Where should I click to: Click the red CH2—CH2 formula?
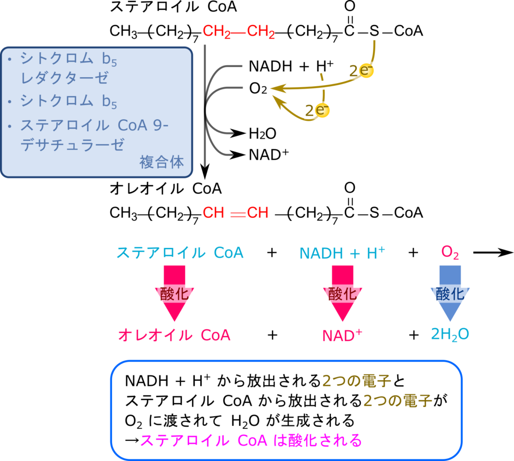click(238, 32)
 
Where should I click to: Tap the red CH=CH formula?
click(235, 213)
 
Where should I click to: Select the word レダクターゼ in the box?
click(64, 78)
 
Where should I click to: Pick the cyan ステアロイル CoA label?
click(180, 253)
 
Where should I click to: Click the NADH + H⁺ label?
click(342, 253)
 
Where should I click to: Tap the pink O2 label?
click(450, 253)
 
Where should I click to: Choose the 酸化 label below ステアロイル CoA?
click(175, 294)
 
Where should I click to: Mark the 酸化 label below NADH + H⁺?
click(343, 294)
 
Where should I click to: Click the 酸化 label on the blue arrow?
click(450, 294)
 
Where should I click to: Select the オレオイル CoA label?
click(174, 335)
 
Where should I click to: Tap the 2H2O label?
click(450, 334)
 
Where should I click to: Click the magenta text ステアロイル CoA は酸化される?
click(250, 440)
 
